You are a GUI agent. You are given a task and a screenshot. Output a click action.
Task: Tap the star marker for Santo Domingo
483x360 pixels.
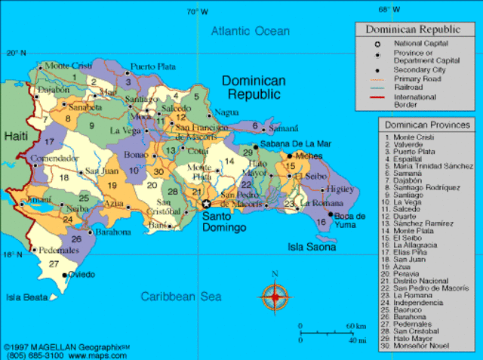206,204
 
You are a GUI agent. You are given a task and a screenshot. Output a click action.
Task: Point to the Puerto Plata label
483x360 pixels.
153,66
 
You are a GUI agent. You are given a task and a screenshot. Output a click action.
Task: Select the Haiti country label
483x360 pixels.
16,136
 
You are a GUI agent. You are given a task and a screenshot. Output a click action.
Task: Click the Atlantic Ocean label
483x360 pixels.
250,31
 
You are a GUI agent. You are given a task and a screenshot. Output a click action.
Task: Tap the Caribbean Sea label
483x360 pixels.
180,297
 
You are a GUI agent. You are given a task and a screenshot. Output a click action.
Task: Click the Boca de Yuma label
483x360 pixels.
349,220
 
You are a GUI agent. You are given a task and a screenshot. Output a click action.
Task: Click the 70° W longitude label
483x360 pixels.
198,11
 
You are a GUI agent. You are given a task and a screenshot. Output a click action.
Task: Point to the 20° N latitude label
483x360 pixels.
16,53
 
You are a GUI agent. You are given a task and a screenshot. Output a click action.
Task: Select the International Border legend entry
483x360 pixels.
414,101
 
